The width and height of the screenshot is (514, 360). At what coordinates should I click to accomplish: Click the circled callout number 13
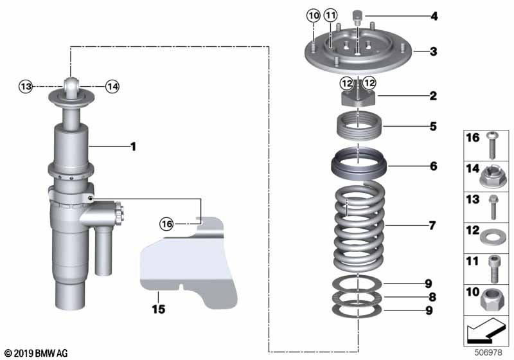pyautogui.click(x=25, y=86)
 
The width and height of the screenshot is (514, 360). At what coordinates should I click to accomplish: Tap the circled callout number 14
pyautogui.click(x=112, y=86)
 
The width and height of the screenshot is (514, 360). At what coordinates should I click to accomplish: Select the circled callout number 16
pyautogui.click(x=167, y=224)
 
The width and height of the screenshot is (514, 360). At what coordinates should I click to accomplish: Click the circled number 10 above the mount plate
pyautogui.click(x=313, y=15)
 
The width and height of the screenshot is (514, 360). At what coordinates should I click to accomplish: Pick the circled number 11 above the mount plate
pyautogui.click(x=330, y=15)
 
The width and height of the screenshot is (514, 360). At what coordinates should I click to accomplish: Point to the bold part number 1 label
pyautogui.click(x=133, y=147)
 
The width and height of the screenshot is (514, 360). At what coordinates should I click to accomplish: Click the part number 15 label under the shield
pyautogui.click(x=158, y=310)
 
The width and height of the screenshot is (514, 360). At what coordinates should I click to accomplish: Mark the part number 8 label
pyautogui.click(x=432, y=297)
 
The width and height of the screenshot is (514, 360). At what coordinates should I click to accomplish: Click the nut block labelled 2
pyautogui.click(x=358, y=98)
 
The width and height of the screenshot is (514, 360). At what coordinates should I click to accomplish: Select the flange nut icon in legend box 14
pyautogui.click(x=490, y=174)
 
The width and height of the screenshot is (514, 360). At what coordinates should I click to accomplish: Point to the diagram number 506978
pyautogui.click(x=490, y=352)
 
